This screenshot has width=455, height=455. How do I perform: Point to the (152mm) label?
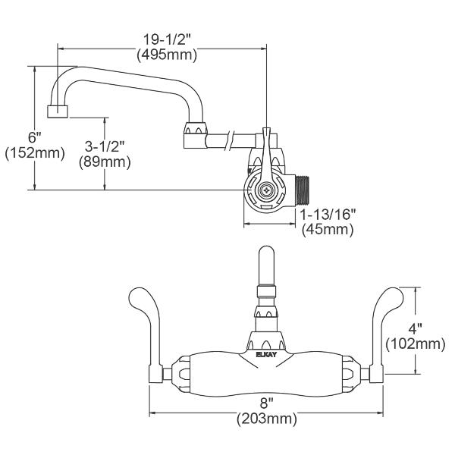pyautogui.click(x=33, y=154)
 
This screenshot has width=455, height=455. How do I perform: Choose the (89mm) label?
pyautogui.click(x=104, y=161)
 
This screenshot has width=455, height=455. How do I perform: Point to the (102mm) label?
pyautogui.click(x=416, y=344)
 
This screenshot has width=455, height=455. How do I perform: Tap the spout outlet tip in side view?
pyautogui.click(x=57, y=111)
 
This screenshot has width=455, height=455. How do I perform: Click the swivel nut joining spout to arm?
pyautogui.click(x=195, y=136)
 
